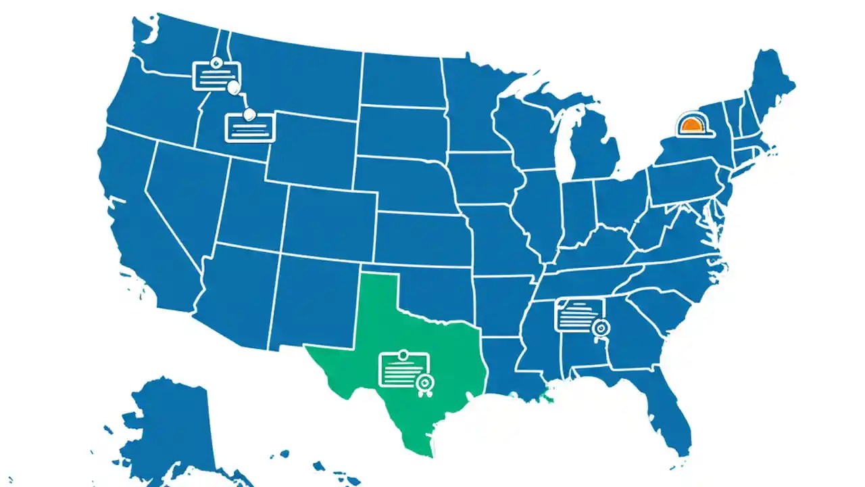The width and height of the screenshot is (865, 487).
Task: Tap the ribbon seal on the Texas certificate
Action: coord(424,384)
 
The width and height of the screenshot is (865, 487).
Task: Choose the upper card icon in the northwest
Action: coord(216,75)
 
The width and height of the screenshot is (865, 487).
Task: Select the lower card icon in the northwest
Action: coord(249,127)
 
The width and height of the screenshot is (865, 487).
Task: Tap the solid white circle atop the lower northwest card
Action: coord(249,114)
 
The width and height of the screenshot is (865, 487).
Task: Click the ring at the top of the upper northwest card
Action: coord(216,62)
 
